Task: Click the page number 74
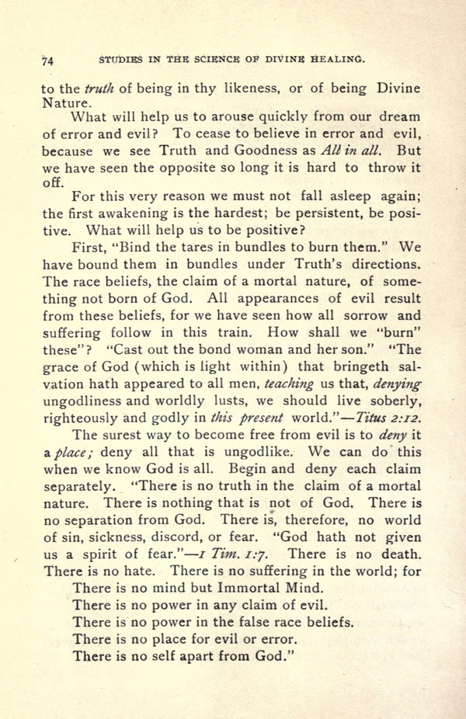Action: (47, 60)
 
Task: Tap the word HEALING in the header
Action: (336, 59)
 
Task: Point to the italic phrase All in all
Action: (353, 151)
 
